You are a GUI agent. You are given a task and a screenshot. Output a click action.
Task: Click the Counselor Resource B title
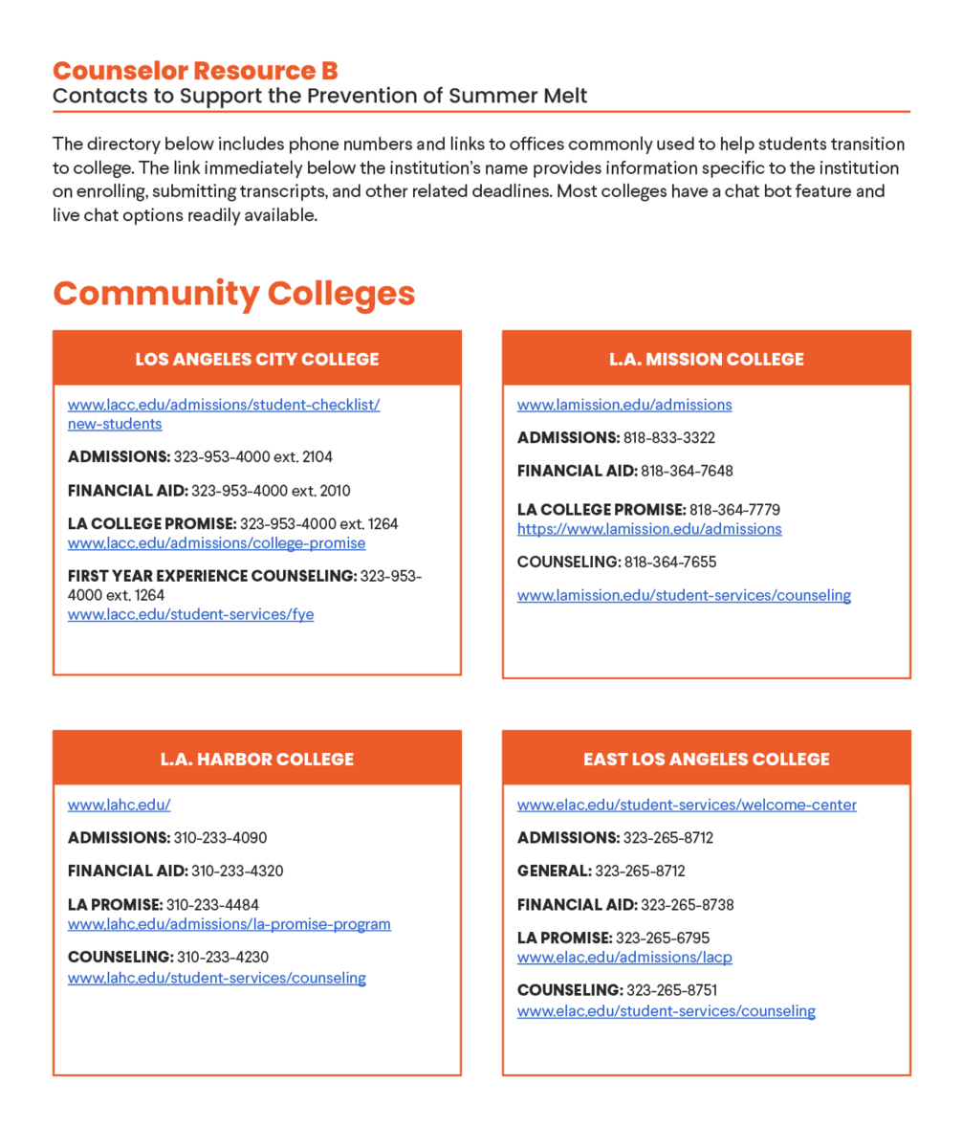coord(195,70)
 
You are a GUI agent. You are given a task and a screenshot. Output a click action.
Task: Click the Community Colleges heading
coord(234,293)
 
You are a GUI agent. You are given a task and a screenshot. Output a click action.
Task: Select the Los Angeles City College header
coord(257,359)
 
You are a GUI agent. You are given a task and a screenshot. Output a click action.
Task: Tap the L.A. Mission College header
coord(707,359)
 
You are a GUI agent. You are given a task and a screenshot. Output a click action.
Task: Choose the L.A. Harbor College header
coord(257,759)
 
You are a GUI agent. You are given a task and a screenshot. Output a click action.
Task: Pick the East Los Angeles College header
coord(707,759)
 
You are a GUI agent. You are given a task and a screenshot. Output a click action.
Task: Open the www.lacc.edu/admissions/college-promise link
coord(216,542)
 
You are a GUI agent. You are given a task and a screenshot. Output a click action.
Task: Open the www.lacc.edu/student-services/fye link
coord(190,614)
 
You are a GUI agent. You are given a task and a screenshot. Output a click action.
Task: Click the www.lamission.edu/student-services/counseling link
coord(684,595)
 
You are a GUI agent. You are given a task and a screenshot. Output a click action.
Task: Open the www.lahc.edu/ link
coord(119,805)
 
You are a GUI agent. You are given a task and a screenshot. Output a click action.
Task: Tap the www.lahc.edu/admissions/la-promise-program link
coord(229,924)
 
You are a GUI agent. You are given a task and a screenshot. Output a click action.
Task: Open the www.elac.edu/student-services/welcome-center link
coord(687,805)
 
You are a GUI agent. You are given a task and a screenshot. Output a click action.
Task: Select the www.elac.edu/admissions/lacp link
coord(624,957)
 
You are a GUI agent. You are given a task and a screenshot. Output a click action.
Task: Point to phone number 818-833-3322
coord(669,437)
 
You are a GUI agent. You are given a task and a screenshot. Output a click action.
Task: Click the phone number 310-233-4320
coord(237,871)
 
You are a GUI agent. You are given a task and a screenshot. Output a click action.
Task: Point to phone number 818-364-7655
coord(670,562)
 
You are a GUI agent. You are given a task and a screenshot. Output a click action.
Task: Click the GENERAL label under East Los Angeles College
coord(555,871)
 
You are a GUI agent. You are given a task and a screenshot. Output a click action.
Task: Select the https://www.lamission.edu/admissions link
coord(649,528)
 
